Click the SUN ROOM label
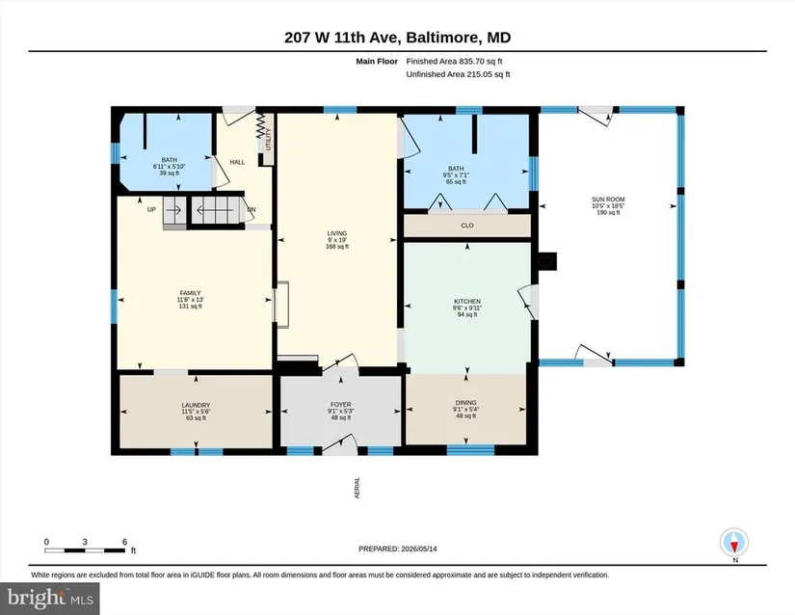pyautogui.click(x=608, y=200)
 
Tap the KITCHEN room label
pyautogui.click(x=467, y=302)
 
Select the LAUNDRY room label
pyautogui.click(x=196, y=406)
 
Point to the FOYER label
pyautogui.click(x=341, y=405)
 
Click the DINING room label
pyautogui.click(x=465, y=403)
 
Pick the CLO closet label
pyautogui.click(x=467, y=226)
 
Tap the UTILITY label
pyautogui.click(x=269, y=139)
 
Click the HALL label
pyautogui.click(x=237, y=162)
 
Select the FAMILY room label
pyautogui.click(x=190, y=293)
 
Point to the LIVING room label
pyautogui.click(x=337, y=233)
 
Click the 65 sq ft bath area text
pyautogui.click(x=456, y=182)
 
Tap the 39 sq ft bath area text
pyautogui.click(x=170, y=173)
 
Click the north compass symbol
pyautogui.click(x=734, y=544)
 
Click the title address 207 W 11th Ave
pyautogui.click(x=342, y=38)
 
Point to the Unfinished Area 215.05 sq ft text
pyautogui.click(x=458, y=74)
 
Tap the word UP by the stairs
pyautogui.click(x=151, y=209)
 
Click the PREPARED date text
pyautogui.click(x=397, y=548)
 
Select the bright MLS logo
pyautogui.click(x=50, y=599)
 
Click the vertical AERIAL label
pyautogui.click(x=357, y=488)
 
